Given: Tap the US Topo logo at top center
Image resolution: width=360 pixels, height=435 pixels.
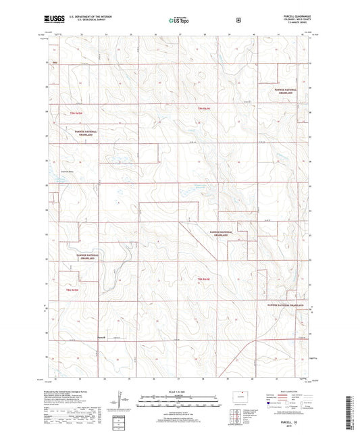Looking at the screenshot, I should click(179, 20).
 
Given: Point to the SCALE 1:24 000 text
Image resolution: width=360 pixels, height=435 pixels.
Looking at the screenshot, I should click(179, 392).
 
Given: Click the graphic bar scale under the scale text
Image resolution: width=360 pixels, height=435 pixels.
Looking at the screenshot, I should click(179, 399).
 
